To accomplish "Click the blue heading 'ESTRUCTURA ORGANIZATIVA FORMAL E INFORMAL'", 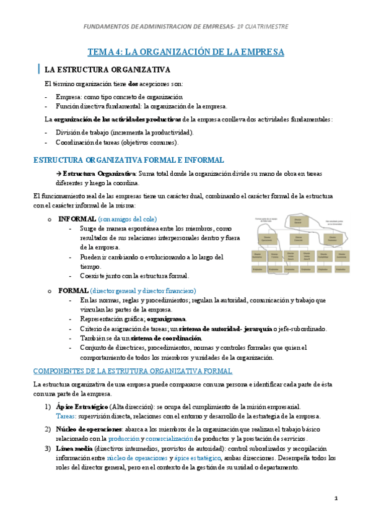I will point(128,160).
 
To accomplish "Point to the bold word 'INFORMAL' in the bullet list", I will point(77,219).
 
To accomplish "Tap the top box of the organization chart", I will point(297,220).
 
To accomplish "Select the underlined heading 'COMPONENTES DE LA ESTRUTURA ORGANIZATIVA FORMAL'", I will point(133,371).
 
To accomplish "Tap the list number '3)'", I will point(48,448).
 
